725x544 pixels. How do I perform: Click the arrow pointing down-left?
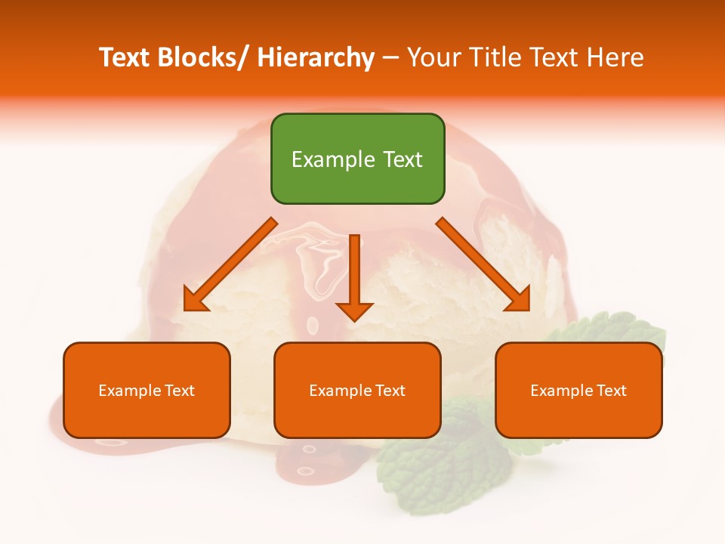click(230, 264)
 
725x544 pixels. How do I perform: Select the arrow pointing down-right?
click(483, 264)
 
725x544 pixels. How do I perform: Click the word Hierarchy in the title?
click(315, 57)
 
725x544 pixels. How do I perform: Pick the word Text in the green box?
click(402, 159)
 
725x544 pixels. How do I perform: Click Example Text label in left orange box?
click(147, 391)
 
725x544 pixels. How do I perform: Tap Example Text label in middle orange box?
click(357, 391)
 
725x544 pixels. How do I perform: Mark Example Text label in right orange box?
click(578, 391)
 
